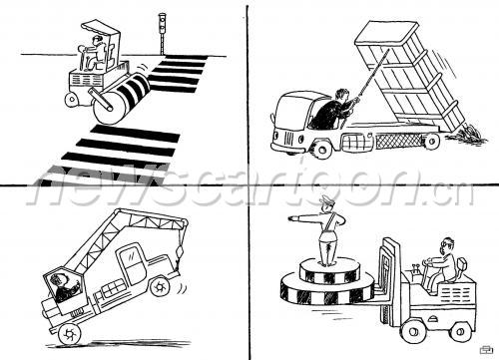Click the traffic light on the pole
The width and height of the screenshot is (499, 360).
click(x=162, y=23)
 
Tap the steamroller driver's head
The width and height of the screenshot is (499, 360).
click(x=97, y=41)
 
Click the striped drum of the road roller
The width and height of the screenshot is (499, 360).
click(x=122, y=98)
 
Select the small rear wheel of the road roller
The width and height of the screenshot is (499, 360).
click(x=72, y=100)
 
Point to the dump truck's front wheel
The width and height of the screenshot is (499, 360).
click(x=321, y=149)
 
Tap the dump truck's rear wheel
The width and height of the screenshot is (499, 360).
click(x=431, y=142)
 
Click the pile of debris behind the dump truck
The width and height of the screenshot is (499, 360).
click(x=467, y=134)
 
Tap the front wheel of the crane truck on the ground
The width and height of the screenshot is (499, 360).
click(x=70, y=333)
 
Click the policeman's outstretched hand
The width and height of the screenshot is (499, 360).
click(x=293, y=218)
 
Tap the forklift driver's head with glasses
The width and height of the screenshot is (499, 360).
click(x=447, y=245)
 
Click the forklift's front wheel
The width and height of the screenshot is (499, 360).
click(x=414, y=331)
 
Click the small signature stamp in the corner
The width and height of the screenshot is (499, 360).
click(x=486, y=350)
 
